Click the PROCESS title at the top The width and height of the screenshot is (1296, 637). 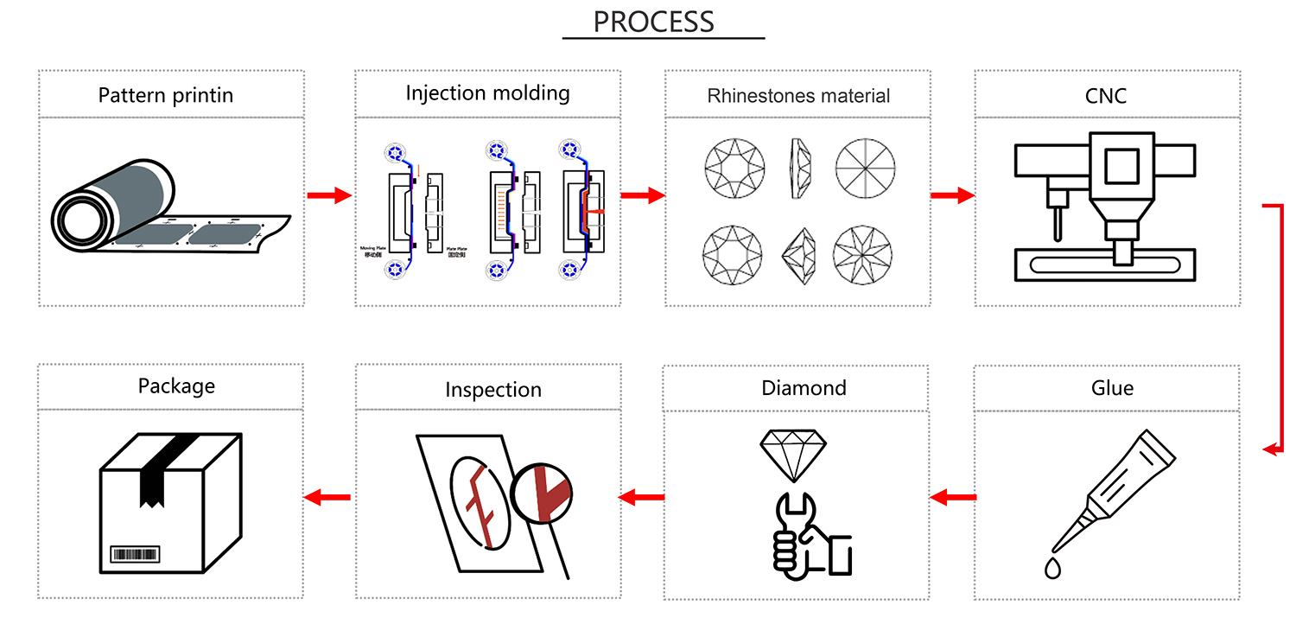(x=654, y=22)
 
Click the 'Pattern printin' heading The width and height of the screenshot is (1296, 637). (x=166, y=94)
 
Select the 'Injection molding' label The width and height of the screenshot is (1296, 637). (x=488, y=92)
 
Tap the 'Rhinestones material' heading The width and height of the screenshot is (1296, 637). (x=798, y=95)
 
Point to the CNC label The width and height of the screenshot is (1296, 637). (x=1106, y=95)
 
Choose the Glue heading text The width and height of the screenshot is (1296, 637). (x=1112, y=388)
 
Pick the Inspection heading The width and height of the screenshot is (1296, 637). (x=493, y=390)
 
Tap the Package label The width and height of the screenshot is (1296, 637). (x=176, y=385)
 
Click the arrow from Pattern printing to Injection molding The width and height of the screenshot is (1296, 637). (x=329, y=196)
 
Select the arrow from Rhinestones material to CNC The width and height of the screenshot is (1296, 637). (x=952, y=196)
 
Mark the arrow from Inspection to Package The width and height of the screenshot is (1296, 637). (x=327, y=497)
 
